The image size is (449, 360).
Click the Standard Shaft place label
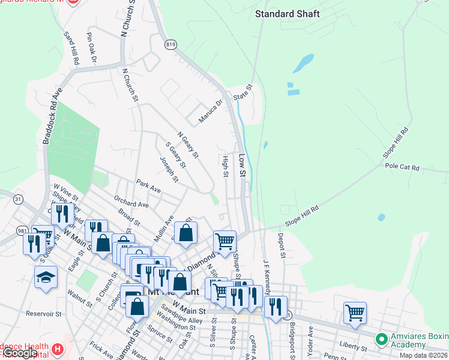[288, 13]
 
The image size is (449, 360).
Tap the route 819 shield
[172, 44]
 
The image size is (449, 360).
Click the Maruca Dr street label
[211, 109]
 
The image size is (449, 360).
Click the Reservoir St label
[44, 314]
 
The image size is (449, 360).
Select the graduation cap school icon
[46, 277]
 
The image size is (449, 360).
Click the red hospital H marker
[57, 349]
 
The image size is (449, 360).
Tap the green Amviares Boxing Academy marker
[381, 340]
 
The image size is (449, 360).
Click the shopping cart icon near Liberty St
[355, 312]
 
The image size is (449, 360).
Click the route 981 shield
[22, 230]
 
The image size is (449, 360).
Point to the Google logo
[19, 353]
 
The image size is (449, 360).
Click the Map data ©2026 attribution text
[422, 355]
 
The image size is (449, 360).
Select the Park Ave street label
[148, 185]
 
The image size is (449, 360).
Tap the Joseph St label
[169, 169]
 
